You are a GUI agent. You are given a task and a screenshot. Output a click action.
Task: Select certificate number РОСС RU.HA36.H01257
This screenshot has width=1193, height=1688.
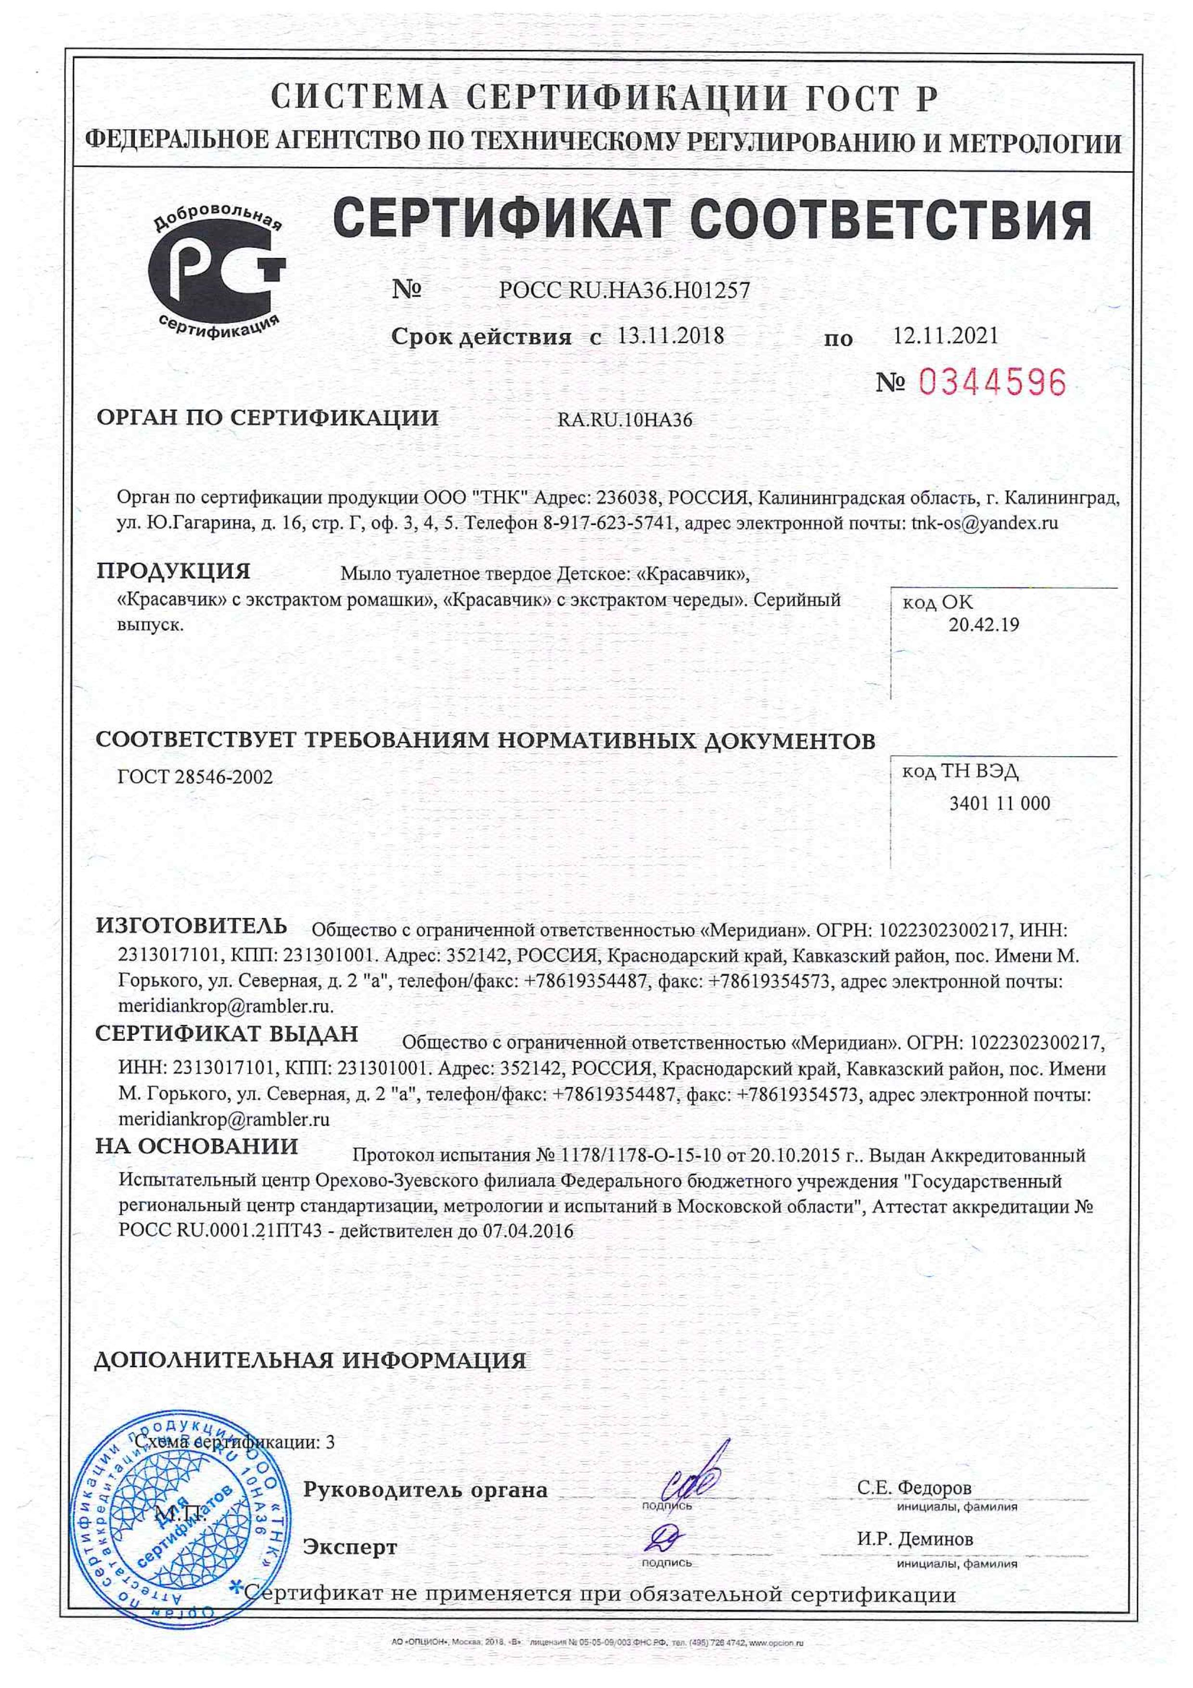[x=624, y=290]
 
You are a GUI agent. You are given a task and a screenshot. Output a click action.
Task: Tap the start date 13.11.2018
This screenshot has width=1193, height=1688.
[x=670, y=337]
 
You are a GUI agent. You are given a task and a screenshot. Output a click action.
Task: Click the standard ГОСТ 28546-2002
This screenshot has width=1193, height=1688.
[x=195, y=777]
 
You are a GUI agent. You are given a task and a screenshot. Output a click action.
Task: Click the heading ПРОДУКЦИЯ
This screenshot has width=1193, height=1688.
[x=173, y=571]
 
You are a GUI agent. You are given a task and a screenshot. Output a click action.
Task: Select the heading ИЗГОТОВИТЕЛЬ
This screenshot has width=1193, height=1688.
[x=191, y=926]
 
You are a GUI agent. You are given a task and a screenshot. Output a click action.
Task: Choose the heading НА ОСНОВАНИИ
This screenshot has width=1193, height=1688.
[x=197, y=1146]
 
